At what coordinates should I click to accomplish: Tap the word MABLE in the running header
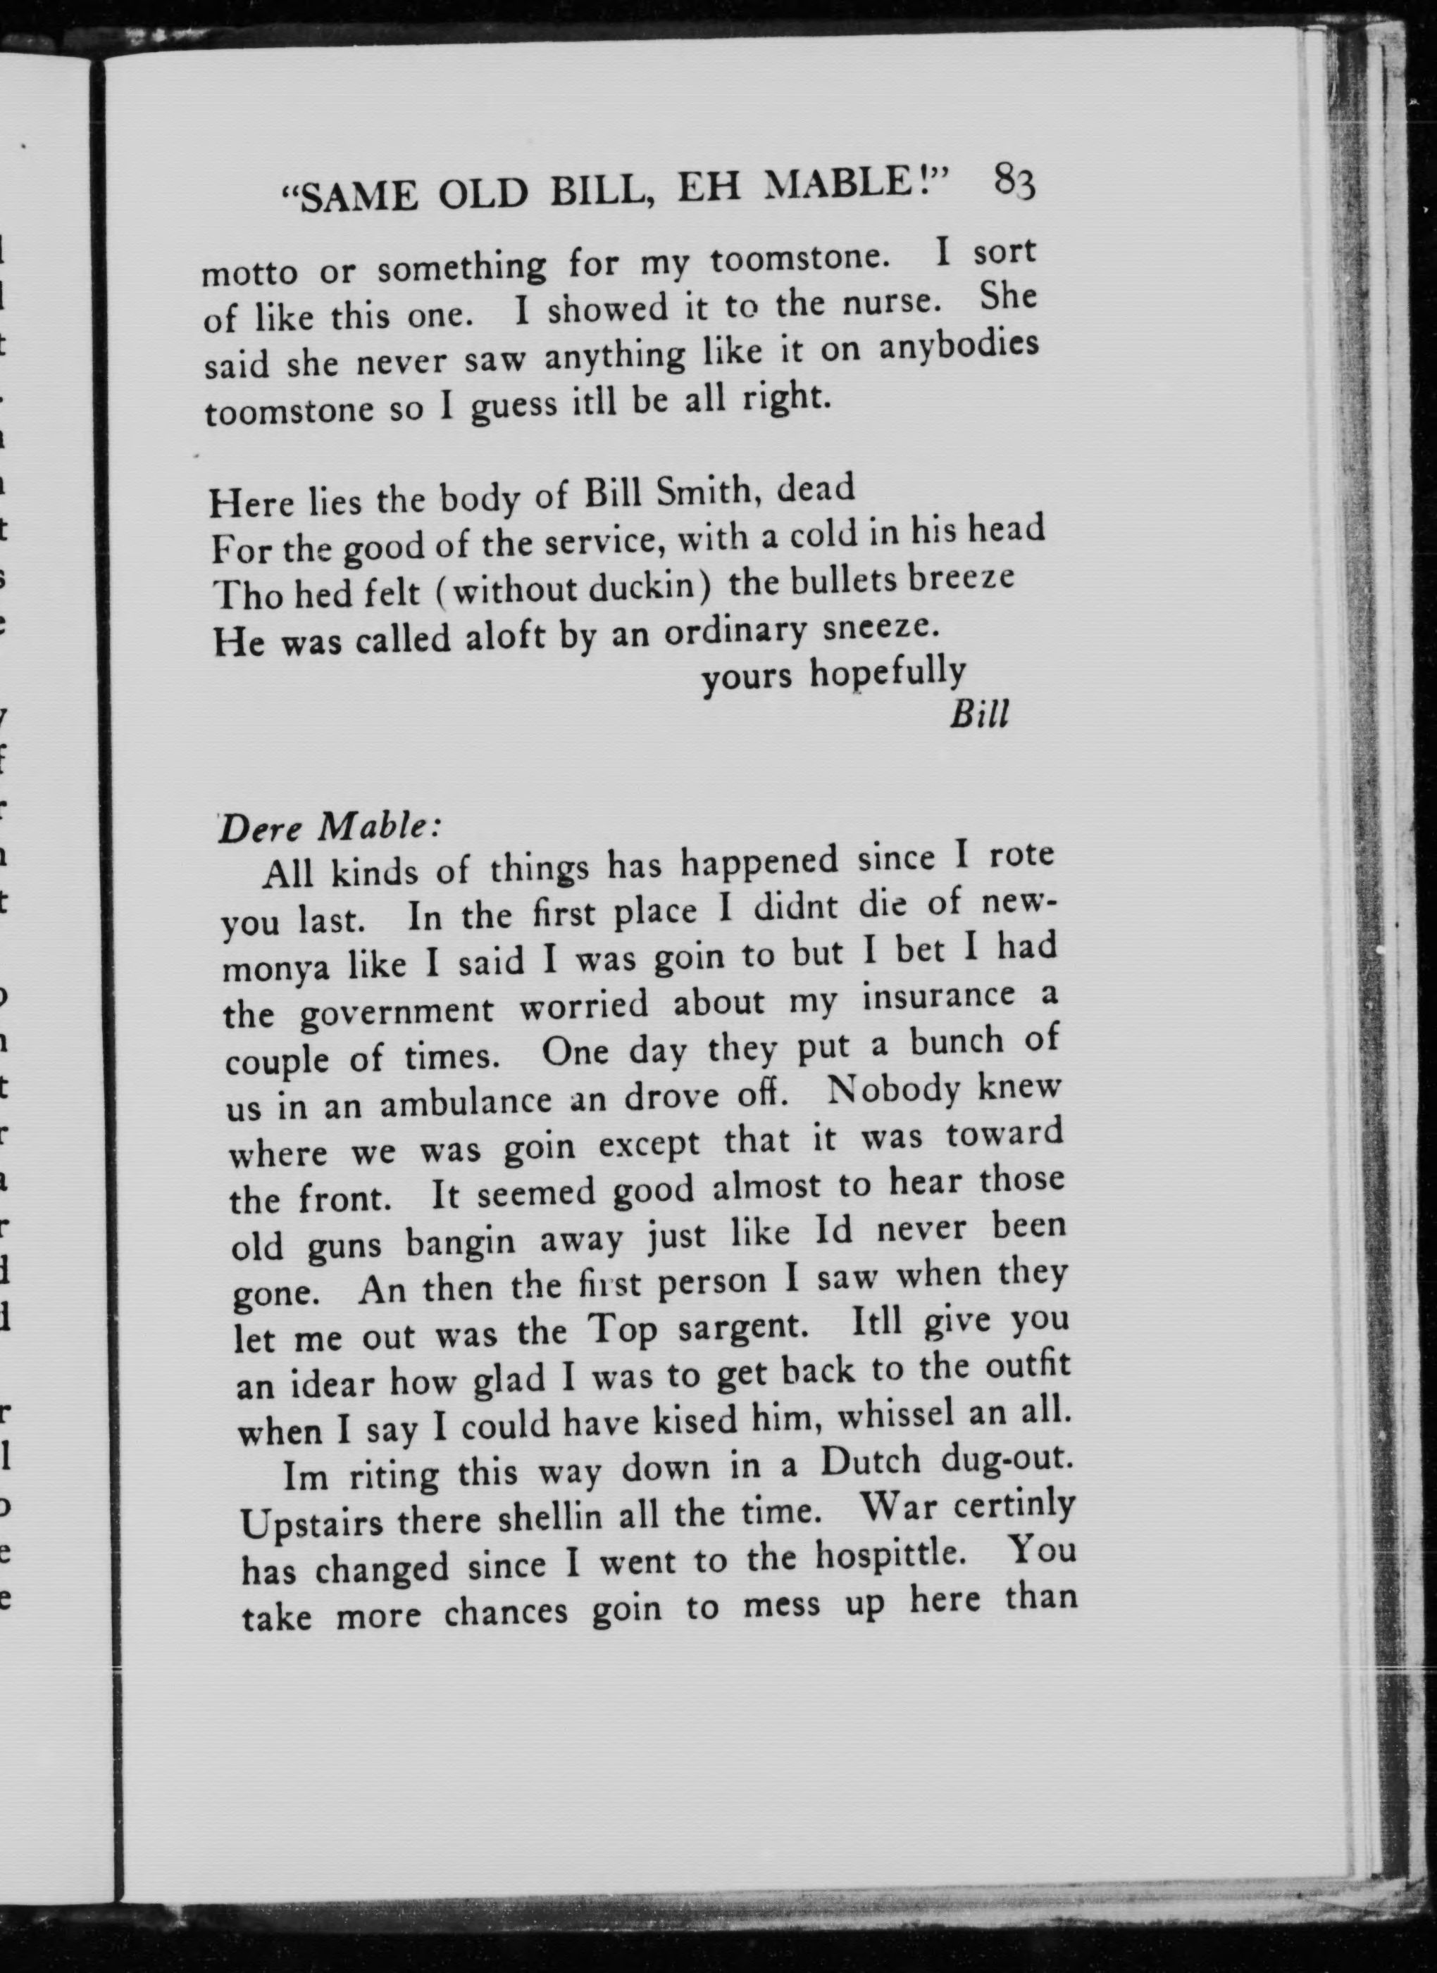[x=857, y=185]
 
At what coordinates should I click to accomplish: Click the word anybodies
[x=958, y=346]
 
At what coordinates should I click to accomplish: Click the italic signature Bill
[x=979, y=715]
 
